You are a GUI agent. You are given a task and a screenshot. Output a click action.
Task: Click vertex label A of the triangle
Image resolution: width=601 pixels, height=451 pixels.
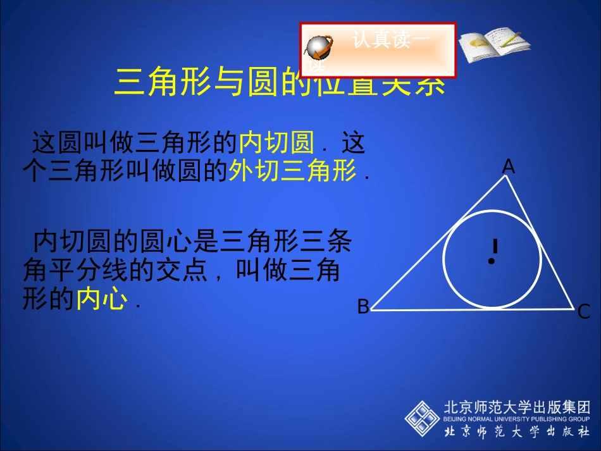coord(509,166)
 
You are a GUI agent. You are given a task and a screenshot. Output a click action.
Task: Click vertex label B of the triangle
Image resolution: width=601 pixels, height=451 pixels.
coord(363,307)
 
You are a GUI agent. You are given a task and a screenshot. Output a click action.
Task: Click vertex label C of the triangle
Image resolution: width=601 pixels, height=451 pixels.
coord(584,312)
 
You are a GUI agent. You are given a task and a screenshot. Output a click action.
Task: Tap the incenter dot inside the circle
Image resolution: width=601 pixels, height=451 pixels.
coord(491,261)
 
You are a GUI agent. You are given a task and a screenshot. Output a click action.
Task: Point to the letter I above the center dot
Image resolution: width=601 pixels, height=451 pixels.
coord(495,245)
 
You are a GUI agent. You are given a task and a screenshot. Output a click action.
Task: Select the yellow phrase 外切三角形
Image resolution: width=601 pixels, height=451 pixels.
coord(294,171)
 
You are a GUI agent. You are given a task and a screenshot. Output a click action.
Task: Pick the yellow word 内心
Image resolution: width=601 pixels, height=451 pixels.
coord(101,299)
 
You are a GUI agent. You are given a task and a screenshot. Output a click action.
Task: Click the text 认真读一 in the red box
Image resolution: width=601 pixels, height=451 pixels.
coord(392,41)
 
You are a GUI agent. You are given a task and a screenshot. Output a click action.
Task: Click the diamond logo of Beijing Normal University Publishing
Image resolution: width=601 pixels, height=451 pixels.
coord(422,418)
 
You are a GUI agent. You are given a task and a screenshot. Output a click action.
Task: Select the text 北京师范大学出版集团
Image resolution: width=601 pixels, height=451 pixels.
coord(517,406)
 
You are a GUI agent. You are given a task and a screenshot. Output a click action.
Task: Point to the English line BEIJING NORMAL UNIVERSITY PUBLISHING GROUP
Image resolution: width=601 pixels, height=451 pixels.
coord(516,419)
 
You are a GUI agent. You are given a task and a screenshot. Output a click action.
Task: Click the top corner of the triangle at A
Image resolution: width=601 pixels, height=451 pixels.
coord(506,176)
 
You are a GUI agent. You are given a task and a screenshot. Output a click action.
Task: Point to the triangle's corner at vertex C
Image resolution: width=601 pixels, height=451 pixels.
coord(573,309)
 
